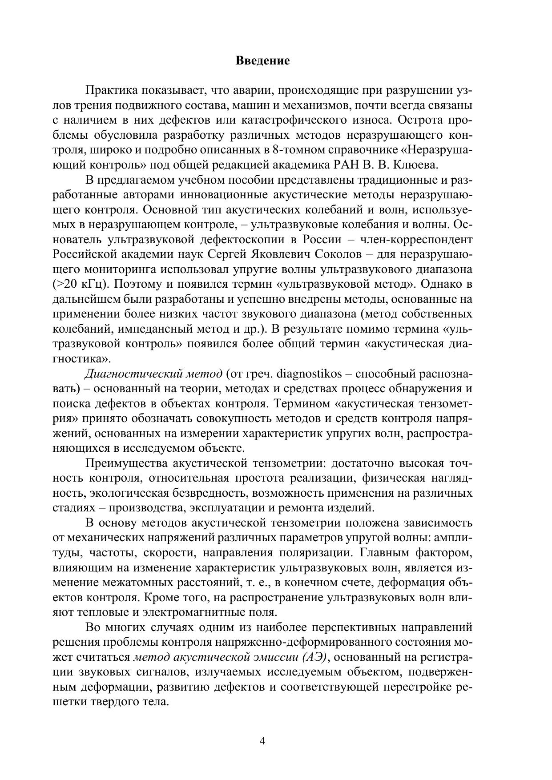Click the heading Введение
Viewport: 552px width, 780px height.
click(x=262, y=60)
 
